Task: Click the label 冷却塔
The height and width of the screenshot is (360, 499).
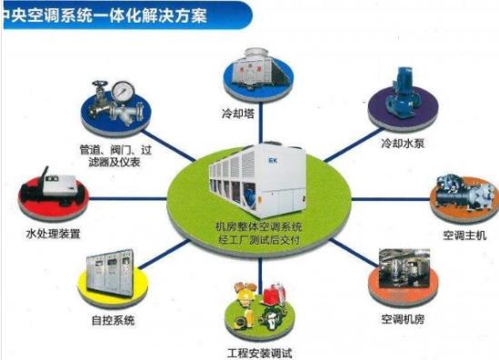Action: coord(238,114)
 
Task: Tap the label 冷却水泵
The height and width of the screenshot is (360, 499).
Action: coord(403,144)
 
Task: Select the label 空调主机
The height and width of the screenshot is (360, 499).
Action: coord(464,235)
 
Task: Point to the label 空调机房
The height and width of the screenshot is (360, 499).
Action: coord(403,318)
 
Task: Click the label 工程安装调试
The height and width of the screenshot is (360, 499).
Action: coord(260,354)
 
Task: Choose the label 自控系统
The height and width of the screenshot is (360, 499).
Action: coord(113,320)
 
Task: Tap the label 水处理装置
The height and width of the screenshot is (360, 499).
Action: coord(53,234)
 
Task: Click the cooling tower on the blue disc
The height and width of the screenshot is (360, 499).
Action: coord(260,69)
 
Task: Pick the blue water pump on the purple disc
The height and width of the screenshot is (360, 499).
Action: coord(403,93)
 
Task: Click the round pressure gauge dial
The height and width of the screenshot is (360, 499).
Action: coord(123,90)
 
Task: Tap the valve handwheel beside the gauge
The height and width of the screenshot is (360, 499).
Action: coord(100,84)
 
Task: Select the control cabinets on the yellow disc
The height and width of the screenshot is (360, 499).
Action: coord(110,274)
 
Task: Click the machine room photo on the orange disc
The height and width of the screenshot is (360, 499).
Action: coord(404,268)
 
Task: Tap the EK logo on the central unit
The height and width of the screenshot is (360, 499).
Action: coord(273,161)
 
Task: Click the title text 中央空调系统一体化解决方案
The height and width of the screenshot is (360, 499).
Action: coord(105,15)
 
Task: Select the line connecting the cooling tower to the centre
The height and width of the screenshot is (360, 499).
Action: coord(261,122)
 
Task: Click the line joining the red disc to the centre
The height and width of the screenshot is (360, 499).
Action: coord(128,198)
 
